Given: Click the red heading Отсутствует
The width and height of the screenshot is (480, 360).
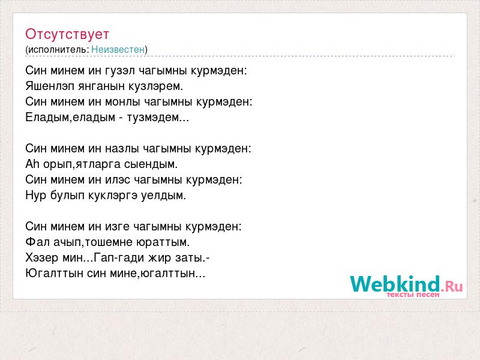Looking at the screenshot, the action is pos(67,34).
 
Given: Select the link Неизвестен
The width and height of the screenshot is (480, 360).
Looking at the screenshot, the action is pos(118,49).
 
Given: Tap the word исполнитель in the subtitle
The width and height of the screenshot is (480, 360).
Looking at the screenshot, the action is pos(58,50).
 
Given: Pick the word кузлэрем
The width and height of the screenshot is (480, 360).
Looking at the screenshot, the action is pos(155,86).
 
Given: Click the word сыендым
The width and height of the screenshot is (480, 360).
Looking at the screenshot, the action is pos(151,164).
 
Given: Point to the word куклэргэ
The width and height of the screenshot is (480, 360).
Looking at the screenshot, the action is pos(113,196).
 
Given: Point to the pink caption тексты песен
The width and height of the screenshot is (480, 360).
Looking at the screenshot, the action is pos(413,295).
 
